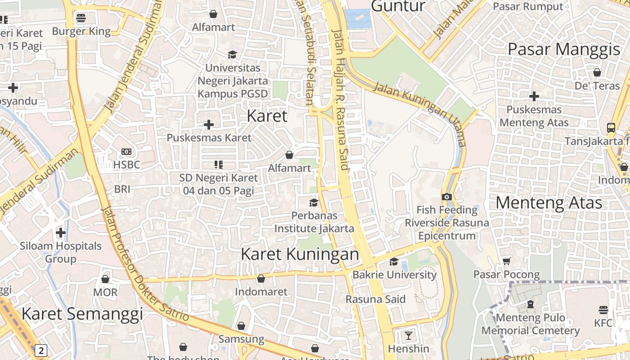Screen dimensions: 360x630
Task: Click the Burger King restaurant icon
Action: point(81,18)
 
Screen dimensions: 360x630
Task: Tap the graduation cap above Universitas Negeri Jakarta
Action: point(232,54)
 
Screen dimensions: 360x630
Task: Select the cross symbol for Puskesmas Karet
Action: point(209,124)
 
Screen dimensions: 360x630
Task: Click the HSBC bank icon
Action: point(126,152)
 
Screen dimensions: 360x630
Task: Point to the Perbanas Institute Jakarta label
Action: point(314,222)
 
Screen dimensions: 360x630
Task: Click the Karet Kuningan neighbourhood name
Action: point(300,254)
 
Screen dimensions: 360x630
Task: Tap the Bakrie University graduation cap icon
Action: point(394,261)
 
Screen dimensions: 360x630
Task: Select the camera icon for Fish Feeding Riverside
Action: point(447,197)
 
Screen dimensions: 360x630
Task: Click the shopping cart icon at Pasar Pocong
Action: point(507,261)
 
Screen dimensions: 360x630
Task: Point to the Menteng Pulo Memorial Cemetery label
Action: point(531,324)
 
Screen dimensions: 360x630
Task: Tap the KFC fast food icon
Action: point(603,310)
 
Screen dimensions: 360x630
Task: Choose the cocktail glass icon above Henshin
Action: point(408,335)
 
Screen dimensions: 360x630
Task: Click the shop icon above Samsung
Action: point(241,326)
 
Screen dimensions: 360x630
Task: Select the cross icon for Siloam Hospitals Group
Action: point(61,233)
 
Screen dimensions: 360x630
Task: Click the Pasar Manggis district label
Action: point(564,49)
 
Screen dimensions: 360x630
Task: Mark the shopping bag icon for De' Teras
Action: point(597,72)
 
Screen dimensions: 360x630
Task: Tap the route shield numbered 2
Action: point(41,351)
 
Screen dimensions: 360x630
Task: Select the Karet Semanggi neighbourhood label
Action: point(82,314)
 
